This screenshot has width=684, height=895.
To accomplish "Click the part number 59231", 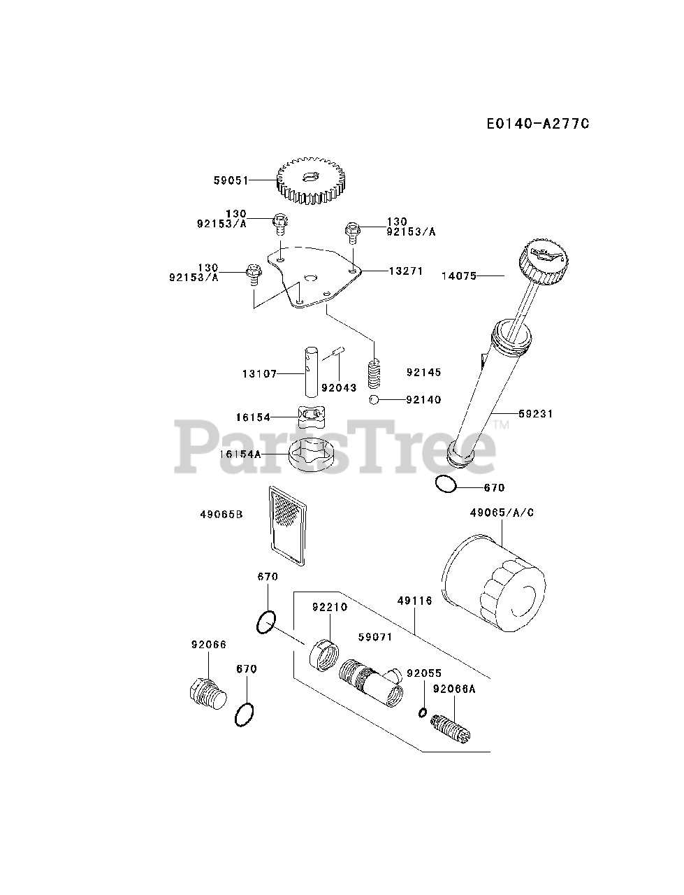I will (535, 414).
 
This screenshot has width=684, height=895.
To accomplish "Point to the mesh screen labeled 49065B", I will (287, 525).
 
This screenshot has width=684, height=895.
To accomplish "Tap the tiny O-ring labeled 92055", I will (423, 713).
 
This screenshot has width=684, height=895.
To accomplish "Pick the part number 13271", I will (406, 271).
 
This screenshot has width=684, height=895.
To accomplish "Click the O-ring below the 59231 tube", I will (445, 484).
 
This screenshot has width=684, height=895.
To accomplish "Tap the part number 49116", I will (414, 601).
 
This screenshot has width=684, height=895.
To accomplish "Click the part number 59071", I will (375, 637).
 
